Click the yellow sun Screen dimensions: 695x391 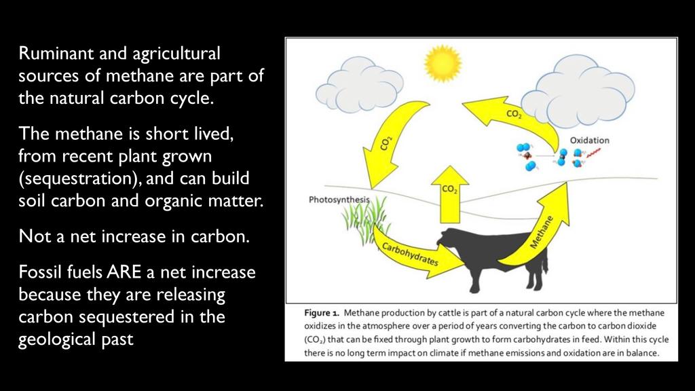click(x=443, y=63)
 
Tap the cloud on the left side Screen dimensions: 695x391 click(x=359, y=85)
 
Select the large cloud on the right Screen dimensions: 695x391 click(x=578, y=92)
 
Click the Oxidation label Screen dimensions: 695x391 click(x=590, y=140)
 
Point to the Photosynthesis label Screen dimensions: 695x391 click(x=339, y=200)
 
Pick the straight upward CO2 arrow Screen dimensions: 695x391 click(x=450, y=195)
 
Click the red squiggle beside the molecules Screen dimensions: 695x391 click(x=593, y=153)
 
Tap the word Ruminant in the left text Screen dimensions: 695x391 click(x=56, y=53)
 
